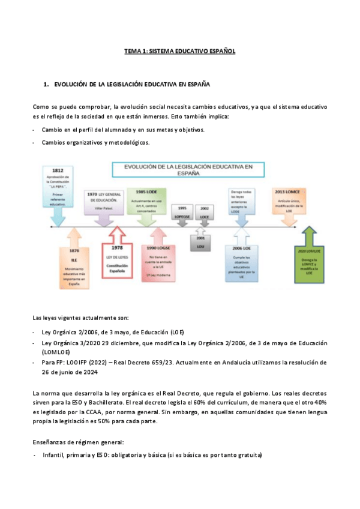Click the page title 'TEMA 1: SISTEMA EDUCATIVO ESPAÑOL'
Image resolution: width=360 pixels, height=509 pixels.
[179, 52]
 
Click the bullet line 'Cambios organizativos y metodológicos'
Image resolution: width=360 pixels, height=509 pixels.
[95, 143]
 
